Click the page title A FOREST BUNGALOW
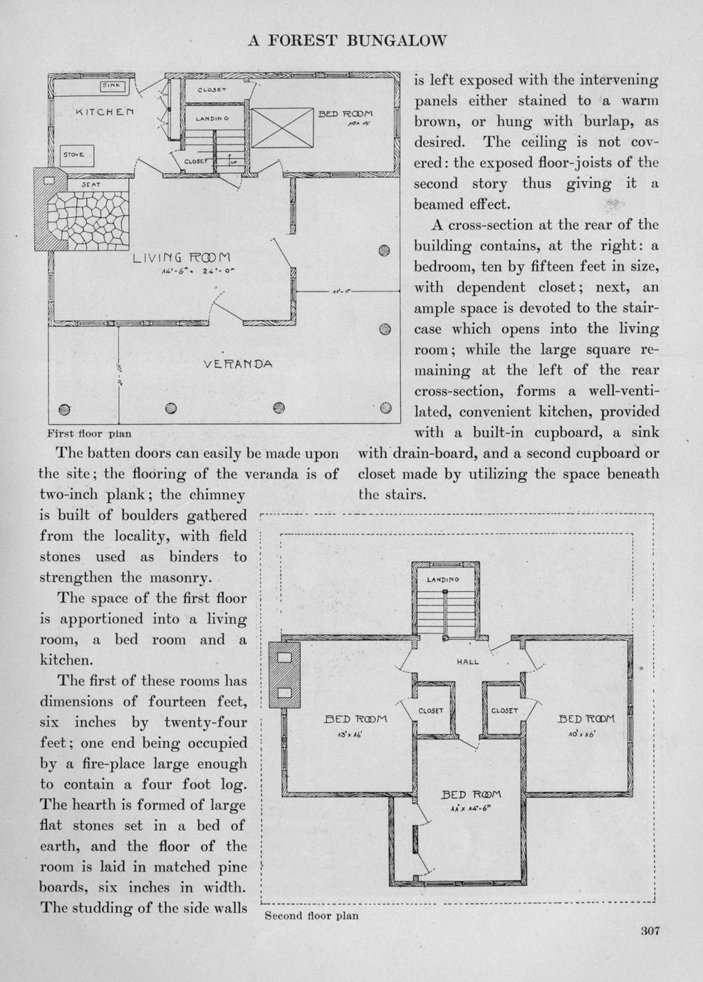pos(347,41)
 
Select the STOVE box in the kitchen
pos(74,155)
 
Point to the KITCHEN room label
pos(105,112)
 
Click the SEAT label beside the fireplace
pos(90,184)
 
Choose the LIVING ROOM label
pos(182,258)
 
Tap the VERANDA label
pos(238,364)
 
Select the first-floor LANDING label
pos(212,117)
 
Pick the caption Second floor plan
pos(311,916)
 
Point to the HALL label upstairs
pos(467,662)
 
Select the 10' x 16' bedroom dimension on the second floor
pos(580,734)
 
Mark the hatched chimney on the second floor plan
pos(284,674)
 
